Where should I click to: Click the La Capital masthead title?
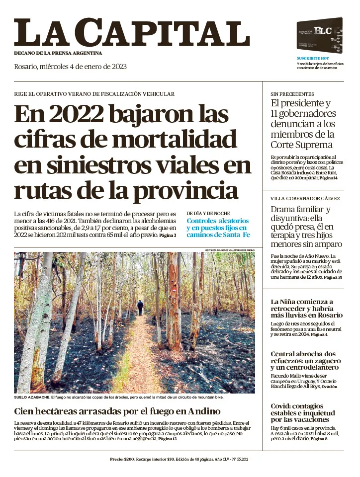coord(131,33)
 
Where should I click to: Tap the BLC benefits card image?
coord(319,36)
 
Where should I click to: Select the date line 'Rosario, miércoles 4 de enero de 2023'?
coord(70,67)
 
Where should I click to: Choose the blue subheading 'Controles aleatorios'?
coord(217,221)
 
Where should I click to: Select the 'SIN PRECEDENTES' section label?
coord(292,94)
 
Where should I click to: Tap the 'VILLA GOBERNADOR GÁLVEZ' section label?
coord(305,198)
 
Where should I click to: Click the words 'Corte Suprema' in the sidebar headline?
coord(301,145)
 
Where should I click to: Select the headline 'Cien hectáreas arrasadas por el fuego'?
coord(117,411)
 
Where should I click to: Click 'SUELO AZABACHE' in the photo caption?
coord(31,397)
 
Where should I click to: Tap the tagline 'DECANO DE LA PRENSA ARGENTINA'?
coord(58,53)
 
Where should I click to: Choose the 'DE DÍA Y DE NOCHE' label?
coord(208,213)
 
